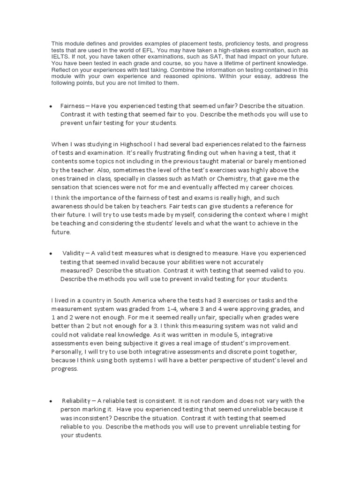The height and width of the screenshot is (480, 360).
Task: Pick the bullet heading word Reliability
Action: pos(78,401)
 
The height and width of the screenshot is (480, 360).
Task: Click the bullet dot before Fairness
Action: pos(50,107)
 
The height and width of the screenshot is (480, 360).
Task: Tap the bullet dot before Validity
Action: pos(50,254)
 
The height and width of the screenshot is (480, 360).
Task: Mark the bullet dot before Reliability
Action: pos(50,401)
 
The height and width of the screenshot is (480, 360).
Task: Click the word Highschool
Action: pos(127,144)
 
